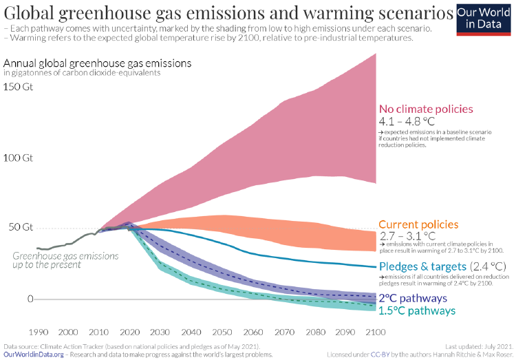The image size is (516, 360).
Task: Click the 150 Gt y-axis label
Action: [x=17, y=87]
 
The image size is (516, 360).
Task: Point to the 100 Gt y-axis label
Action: [x=17, y=158]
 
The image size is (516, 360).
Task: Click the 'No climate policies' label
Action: [x=426, y=109]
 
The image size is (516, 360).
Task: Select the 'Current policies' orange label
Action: [x=418, y=224]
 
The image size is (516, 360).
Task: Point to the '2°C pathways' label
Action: [x=413, y=298]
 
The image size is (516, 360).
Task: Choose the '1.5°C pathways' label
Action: [x=417, y=310]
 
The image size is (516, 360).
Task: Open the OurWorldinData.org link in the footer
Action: [x=34, y=354]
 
